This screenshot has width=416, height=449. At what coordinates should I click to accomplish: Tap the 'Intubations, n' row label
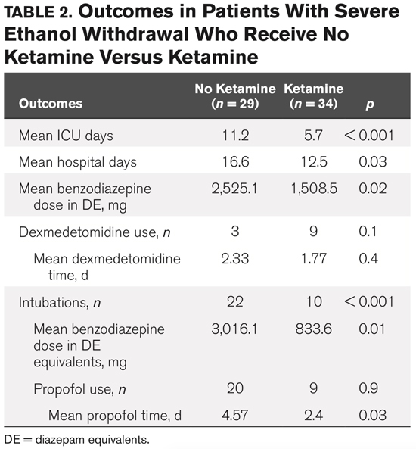[x=57, y=302]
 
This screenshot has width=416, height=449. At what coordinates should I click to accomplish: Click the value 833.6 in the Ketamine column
[x=313, y=329]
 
